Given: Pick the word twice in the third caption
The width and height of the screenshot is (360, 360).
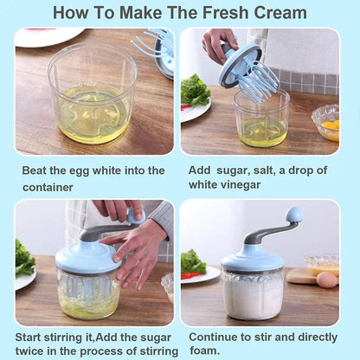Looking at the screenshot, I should (32, 350).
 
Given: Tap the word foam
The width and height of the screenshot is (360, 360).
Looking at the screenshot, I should (204, 350).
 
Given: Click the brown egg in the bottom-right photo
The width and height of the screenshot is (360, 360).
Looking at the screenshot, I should (326, 280).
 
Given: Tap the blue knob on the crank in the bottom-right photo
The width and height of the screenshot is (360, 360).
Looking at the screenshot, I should (294, 215).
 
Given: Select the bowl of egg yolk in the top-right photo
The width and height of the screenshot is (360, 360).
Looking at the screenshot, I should (326, 124).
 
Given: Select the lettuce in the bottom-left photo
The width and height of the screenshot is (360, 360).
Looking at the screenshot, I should (23, 260).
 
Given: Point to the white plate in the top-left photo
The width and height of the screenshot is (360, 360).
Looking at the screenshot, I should (48, 37).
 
